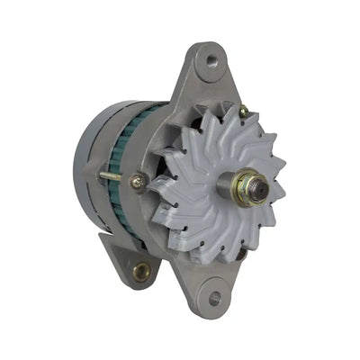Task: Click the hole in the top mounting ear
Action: point(211,61)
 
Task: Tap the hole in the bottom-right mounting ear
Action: point(214,297)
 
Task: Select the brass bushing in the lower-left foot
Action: point(140,270)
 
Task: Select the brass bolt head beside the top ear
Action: point(243,111)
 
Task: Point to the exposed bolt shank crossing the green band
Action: point(112,175)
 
